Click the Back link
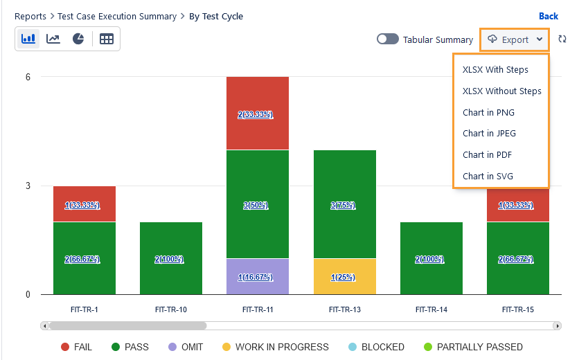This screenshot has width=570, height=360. pyautogui.click(x=548, y=16)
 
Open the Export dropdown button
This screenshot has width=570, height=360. pyautogui.click(x=515, y=39)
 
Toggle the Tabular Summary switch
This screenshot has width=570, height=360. pyautogui.click(x=387, y=39)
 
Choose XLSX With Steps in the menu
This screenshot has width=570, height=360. pyautogui.click(x=495, y=69)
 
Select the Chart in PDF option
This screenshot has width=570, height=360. pyautogui.click(x=487, y=154)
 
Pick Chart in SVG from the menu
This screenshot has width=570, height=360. pyautogui.click(x=488, y=176)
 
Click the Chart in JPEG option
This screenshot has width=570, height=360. pyautogui.click(x=489, y=133)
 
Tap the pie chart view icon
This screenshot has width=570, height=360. pyautogui.click(x=78, y=39)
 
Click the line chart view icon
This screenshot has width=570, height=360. pyautogui.click(x=53, y=39)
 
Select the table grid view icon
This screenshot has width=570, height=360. pyautogui.click(x=106, y=39)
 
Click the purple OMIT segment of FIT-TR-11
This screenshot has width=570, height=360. pyautogui.click(x=258, y=276)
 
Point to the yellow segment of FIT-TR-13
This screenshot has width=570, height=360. pyautogui.click(x=344, y=276)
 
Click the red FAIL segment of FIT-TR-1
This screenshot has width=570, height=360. pyautogui.click(x=84, y=204)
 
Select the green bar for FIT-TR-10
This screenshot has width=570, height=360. pyautogui.click(x=170, y=258)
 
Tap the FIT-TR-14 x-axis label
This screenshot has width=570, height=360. pyautogui.click(x=431, y=309)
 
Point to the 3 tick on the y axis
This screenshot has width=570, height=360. pyautogui.click(x=28, y=186)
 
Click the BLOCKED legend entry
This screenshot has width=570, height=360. pyautogui.click(x=381, y=347)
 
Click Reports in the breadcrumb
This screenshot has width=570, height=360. pyautogui.click(x=30, y=16)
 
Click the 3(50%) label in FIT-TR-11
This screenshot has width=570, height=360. pyautogui.click(x=258, y=206)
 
